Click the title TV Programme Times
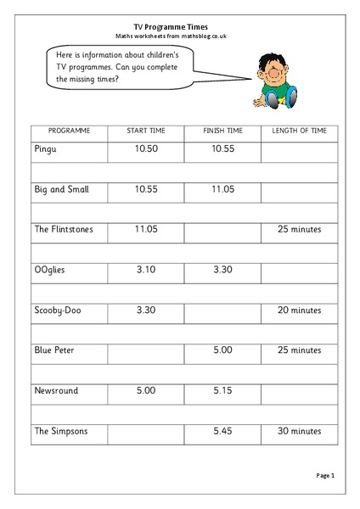pos(179,26)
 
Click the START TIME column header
pos(146,132)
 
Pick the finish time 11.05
pos(223,190)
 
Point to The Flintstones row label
pos(64,230)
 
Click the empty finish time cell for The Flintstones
pos(223,230)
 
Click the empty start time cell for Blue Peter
pos(146,350)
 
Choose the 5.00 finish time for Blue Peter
pos(223,350)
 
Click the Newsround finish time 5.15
pos(223,390)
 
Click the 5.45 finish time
pos(223,431)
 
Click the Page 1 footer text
pos(327,476)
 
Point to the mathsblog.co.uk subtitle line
pos(179,36)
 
